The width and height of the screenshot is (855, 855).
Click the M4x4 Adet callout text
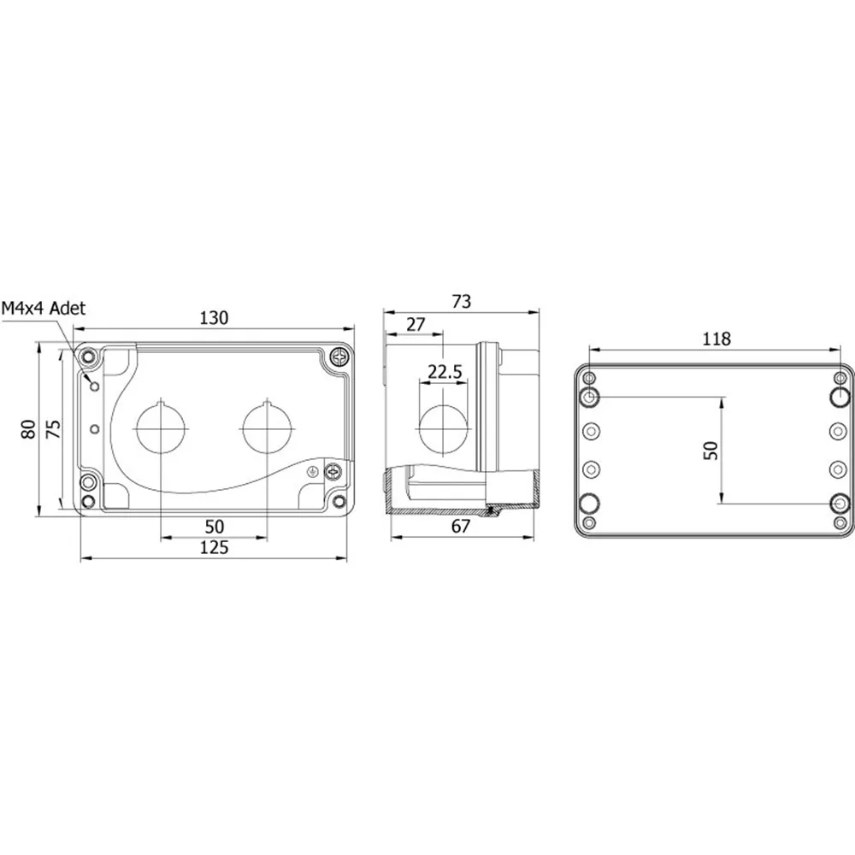tap(44, 308)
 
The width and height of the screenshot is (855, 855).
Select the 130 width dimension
tap(214, 318)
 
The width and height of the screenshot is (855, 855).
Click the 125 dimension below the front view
tap(214, 547)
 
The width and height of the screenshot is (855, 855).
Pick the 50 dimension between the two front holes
tap(215, 526)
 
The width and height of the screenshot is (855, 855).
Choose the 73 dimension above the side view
tap(462, 302)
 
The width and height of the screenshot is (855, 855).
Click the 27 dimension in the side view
tap(416, 324)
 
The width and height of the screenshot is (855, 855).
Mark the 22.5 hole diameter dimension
tap(445, 372)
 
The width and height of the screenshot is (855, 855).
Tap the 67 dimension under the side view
tap(462, 526)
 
